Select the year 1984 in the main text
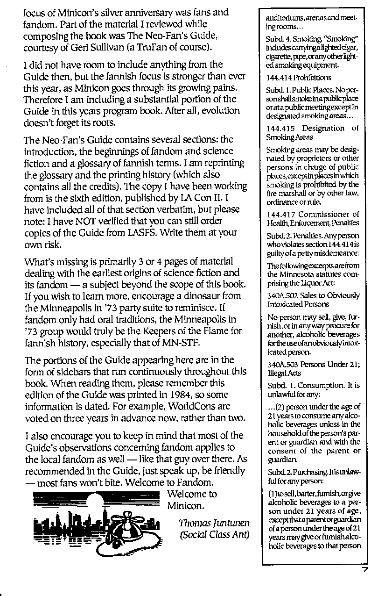(171, 395)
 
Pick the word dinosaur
(208, 296)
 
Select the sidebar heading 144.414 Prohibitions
(299, 78)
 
